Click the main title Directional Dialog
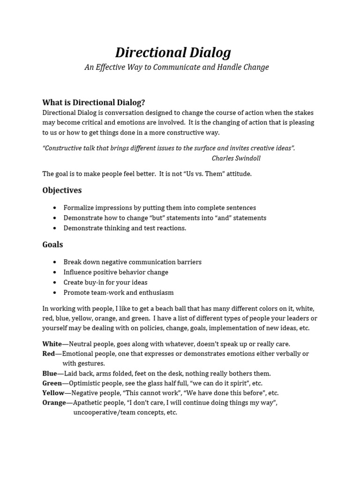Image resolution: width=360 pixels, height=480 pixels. pyautogui.click(x=173, y=52)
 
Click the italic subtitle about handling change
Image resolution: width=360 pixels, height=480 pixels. pyautogui.click(x=177, y=67)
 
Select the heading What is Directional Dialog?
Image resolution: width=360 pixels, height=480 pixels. pyautogui.click(x=94, y=102)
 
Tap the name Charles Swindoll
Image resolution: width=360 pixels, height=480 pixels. pyautogui.click(x=236, y=158)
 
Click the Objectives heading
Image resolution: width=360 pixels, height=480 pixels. pyautogui.click(x=62, y=190)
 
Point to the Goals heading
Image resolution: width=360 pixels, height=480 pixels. pyautogui.click(x=52, y=245)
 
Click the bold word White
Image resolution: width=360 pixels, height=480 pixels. pyautogui.click(x=52, y=344)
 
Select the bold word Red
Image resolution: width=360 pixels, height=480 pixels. pyautogui.click(x=49, y=354)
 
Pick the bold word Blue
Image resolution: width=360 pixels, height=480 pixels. pyautogui.click(x=50, y=374)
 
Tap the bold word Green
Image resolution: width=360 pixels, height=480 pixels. pyautogui.click(x=52, y=383)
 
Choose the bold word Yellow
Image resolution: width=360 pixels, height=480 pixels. pyautogui.click(x=53, y=393)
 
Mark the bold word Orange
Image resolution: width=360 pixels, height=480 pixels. pyautogui.click(x=54, y=403)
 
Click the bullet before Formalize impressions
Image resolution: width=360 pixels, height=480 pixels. pyautogui.click(x=55, y=208)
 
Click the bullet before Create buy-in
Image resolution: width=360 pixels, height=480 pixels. pyautogui.click(x=55, y=283)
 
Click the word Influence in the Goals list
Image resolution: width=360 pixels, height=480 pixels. pyautogui.click(x=78, y=272)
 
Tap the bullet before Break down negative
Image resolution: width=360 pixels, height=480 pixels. pyautogui.click(x=55, y=262)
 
